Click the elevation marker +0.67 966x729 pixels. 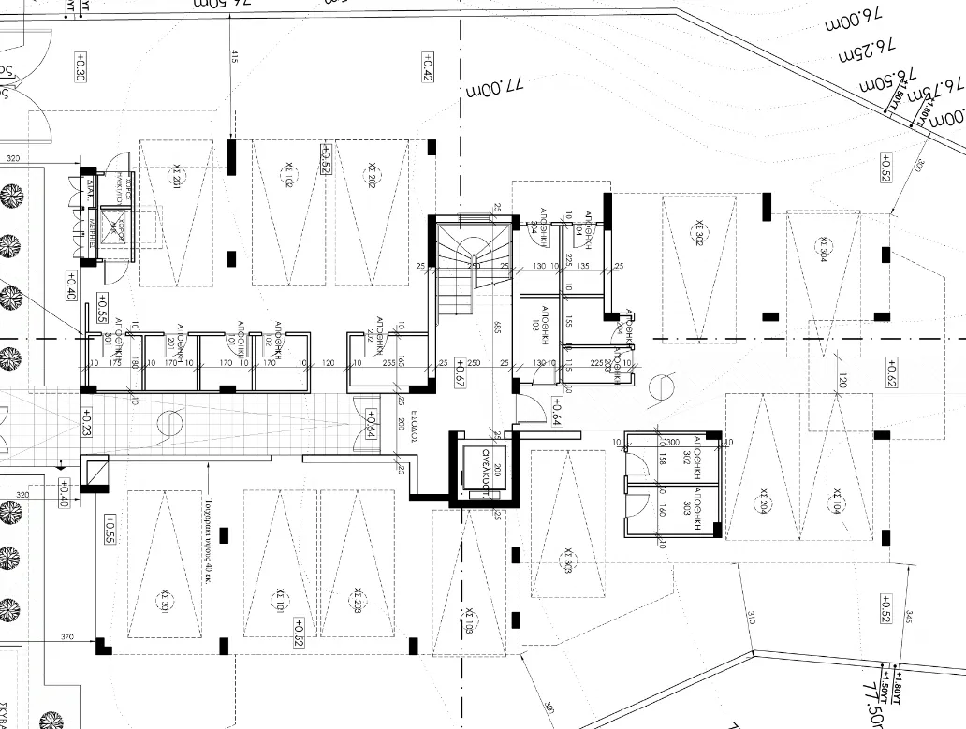(x=460, y=372)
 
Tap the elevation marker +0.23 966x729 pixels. (x=87, y=423)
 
